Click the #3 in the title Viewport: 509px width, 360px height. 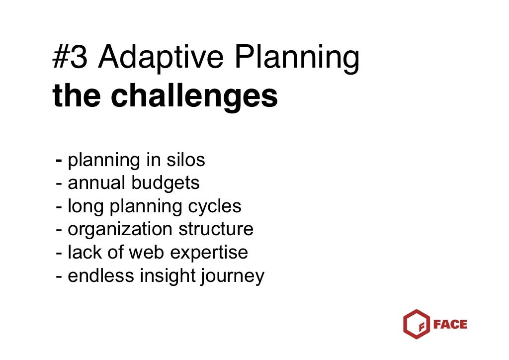click(x=70, y=59)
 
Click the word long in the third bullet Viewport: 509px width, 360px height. click(x=84, y=206)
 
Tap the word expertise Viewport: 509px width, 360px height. click(x=209, y=253)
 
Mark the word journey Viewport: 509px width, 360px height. click(x=232, y=276)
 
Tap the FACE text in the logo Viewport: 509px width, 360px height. click(x=450, y=325)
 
